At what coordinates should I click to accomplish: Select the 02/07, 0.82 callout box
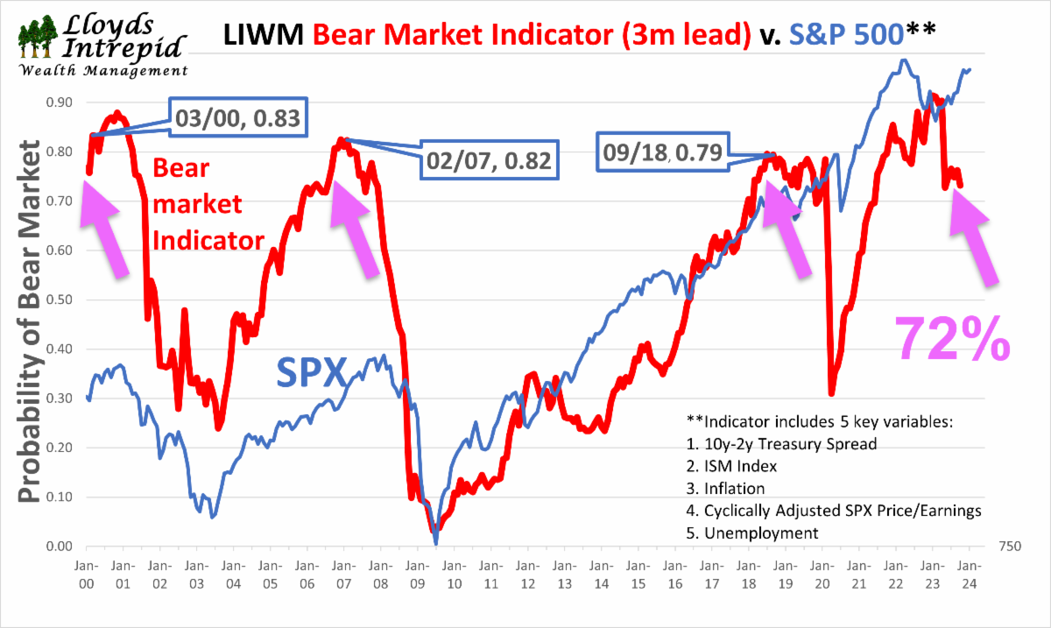click(487, 159)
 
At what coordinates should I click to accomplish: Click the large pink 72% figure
click(950, 336)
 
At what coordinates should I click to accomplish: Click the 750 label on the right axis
click(1009, 547)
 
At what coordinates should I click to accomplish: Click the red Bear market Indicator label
click(208, 204)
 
